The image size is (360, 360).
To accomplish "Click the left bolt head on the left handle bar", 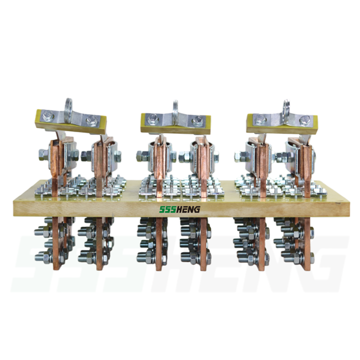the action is (48, 115).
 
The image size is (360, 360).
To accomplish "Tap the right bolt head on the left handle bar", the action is (91, 120).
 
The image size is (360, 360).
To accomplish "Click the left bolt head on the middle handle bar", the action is (152, 118).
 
